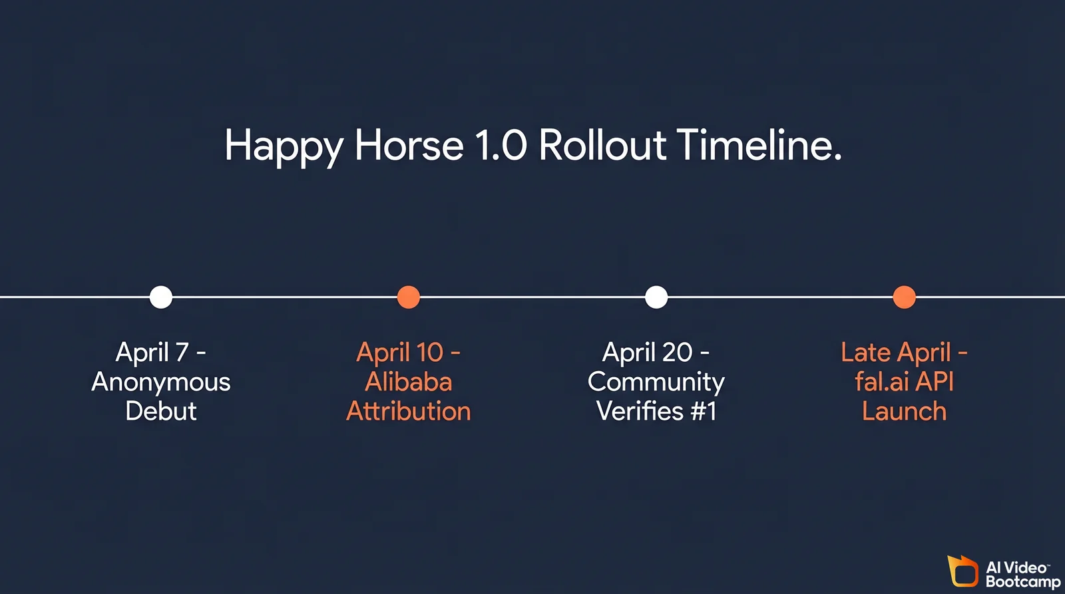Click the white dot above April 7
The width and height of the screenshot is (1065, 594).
[x=161, y=297]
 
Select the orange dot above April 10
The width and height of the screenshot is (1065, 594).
[x=409, y=297]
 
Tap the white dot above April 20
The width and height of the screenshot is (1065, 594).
[x=656, y=297]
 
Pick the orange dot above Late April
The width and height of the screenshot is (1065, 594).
[x=904, y=297]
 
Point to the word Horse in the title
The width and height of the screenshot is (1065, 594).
[x=409, y=145]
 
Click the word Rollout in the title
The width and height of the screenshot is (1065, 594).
[x=602, y=145]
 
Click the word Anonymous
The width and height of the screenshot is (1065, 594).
[x=161, y=382]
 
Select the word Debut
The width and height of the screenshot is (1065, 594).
[x=161, y=411]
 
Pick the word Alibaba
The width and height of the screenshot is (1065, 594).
[x=409, y=382]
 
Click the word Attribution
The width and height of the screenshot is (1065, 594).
[x=409, y=411]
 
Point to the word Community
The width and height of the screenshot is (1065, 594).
[x=656, y=382]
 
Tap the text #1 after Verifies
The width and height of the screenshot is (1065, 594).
[x=704, y=411]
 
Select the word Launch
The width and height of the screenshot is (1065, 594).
[x=904, y=411]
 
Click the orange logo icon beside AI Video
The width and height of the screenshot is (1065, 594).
[x=962, y=571]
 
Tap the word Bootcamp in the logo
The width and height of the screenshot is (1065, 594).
[x=1023, y=581]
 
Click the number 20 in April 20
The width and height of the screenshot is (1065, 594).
[x=677, y=353]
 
